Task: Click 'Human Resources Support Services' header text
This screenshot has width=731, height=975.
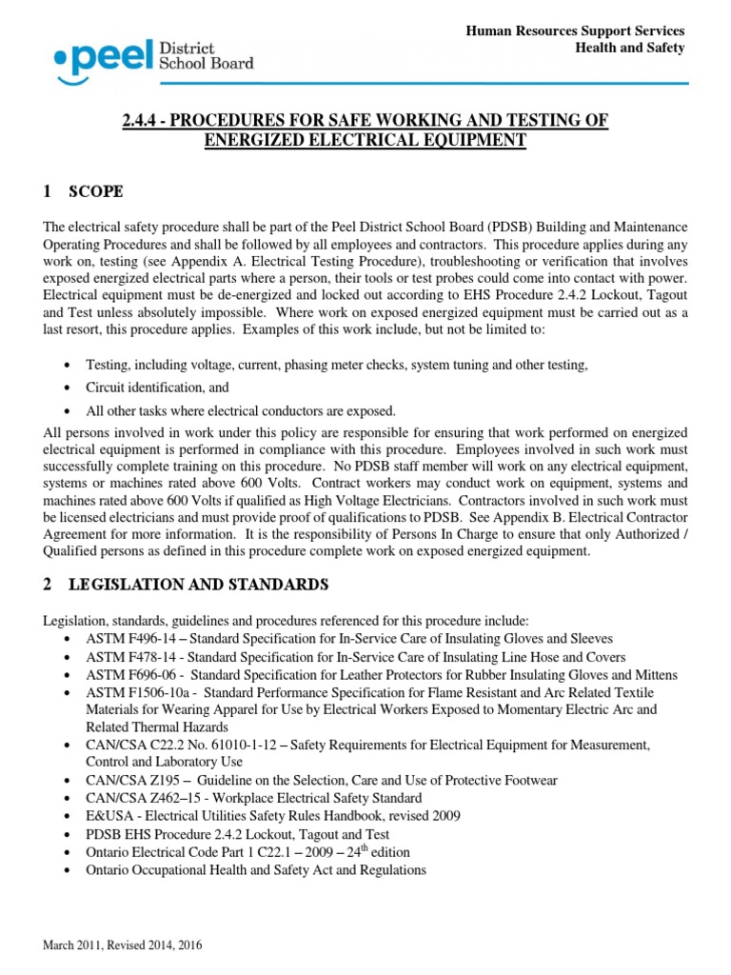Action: [575, 31]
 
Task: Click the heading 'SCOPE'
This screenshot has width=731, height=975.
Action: [95, 191]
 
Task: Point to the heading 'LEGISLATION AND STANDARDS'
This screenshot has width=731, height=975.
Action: [198, 583]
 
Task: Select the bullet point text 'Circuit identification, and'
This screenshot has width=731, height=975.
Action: [158, 388]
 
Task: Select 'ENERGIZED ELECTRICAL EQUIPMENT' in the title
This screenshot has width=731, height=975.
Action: [365, 140]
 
